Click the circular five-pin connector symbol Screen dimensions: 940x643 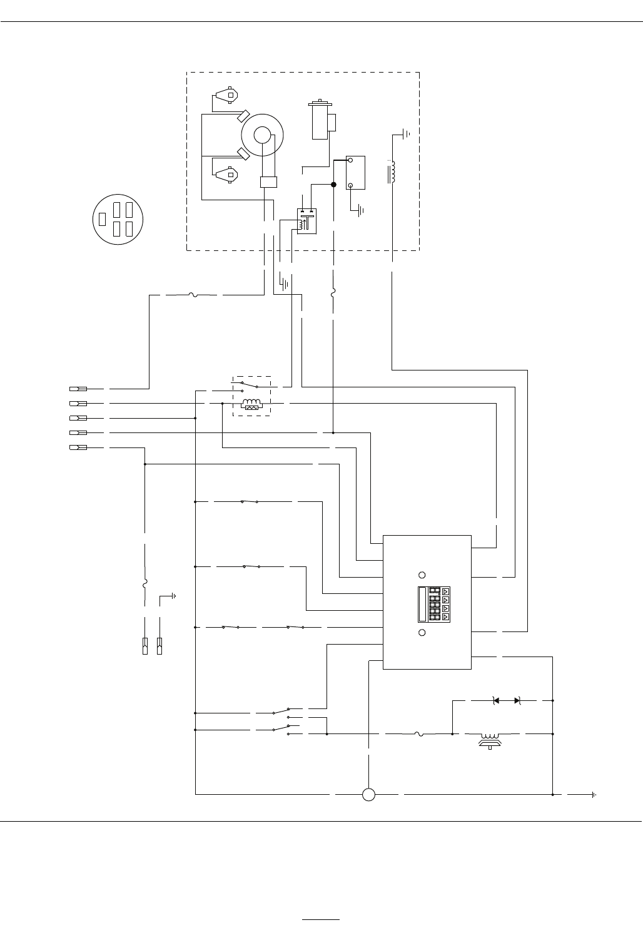(119, 219)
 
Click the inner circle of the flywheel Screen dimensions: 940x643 (262, 134)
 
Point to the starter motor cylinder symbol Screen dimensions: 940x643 (320, 121)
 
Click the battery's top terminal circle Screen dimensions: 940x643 (352, 160)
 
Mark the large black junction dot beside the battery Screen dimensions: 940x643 (333, 185)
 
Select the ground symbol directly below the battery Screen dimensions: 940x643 (360, 211)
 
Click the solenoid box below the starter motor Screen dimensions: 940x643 (306, 221)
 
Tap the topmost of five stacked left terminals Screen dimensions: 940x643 (78, 388)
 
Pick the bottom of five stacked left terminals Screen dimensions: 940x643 (78, 447)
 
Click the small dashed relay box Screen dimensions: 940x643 (251, 396)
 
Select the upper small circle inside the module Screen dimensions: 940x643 (422, 575)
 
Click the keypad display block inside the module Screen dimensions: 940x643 (433, 605)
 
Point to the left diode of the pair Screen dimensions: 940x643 (496, 700)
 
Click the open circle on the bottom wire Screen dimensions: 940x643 (368, 795)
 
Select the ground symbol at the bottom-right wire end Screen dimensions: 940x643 (593, 795)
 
